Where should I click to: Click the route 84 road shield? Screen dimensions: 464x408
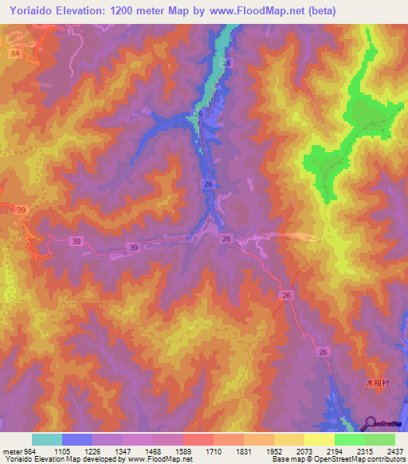coord(16,53)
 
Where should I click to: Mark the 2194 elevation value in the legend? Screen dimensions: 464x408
coord(350,450)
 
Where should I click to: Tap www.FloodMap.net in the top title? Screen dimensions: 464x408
coord(260,10)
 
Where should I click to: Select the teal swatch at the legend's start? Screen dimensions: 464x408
coord(46,439)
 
